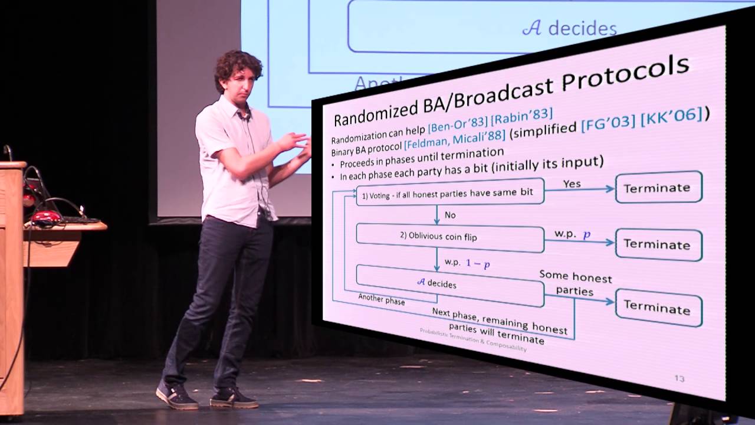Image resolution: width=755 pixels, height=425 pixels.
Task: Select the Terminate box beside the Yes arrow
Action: (x=658, y=187)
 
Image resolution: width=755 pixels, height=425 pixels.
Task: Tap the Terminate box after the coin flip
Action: (x=658, y=244)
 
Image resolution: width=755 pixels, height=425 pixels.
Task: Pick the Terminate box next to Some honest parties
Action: (x=658, y=308)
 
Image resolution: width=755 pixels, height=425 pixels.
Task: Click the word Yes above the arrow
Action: (x=572, y=184)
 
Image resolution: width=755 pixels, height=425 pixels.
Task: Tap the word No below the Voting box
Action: (x=450, y=215)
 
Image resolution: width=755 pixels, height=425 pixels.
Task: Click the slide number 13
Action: (x=679, y=378)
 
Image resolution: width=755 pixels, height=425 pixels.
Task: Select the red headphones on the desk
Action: (x=46, y=217)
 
